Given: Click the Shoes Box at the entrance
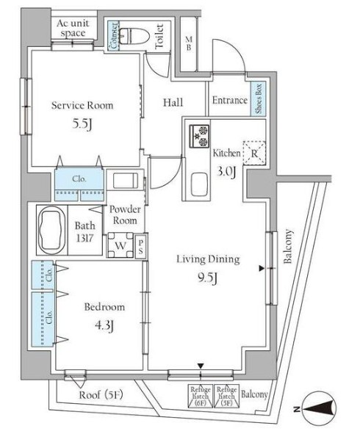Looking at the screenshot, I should tap(259, 99).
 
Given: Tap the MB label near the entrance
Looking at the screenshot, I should tap(188, 43).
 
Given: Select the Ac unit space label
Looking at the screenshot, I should tap(73, 29).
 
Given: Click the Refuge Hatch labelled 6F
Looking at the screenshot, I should tap(200, 396).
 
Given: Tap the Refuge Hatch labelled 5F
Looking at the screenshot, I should tap(227, 396).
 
